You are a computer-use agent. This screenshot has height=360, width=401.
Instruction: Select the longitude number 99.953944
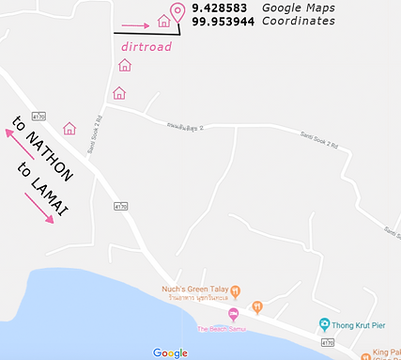[225, 21]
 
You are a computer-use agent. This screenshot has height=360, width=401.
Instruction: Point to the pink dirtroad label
[146, 45]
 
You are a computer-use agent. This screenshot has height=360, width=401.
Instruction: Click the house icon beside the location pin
[163, 20]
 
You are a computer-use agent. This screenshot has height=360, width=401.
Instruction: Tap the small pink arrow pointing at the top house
[135, 25]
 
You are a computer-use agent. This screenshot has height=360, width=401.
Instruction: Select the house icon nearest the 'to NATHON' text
[69, 129]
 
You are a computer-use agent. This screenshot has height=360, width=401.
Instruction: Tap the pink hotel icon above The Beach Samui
[234, 314]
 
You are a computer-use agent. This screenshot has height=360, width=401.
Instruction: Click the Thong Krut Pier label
[362, 325]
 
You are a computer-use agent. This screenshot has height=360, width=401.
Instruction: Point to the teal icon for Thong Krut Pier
[324, 325]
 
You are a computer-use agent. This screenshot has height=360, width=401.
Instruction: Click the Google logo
[170, 352]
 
